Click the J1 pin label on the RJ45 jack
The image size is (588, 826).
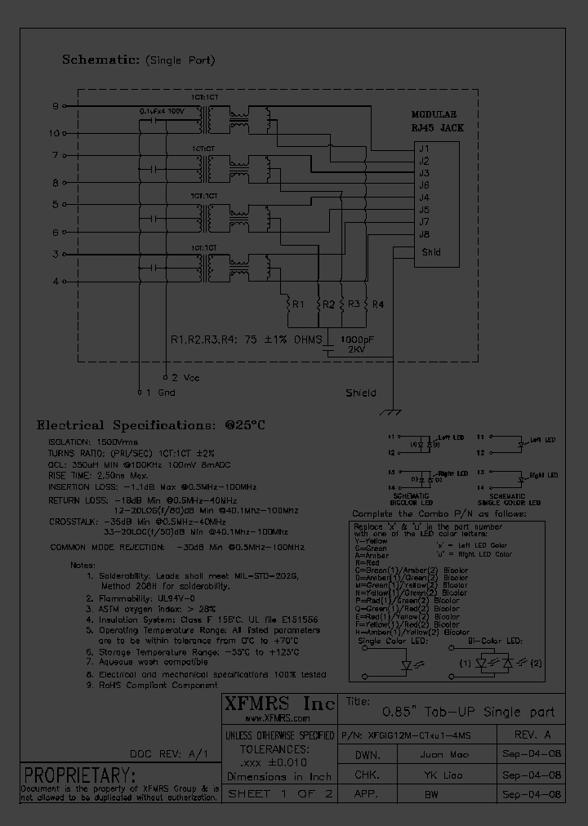[424, 149]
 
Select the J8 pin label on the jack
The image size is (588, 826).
[424, 234]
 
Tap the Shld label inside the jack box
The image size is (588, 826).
[431, 252]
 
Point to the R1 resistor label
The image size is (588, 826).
[298, 304]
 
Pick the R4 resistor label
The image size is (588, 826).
[377, 304]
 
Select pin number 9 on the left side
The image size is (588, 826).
[56, 106]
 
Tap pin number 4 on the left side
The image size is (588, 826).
[56, 282]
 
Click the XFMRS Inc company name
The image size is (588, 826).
[278, 704]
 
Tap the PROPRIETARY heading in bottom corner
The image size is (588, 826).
[79, 775]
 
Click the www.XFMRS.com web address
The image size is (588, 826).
[278, 719]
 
